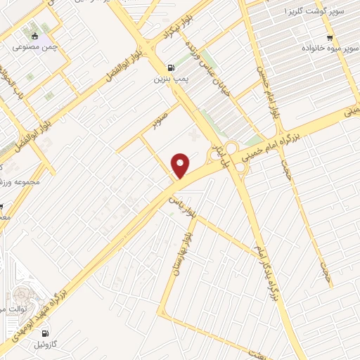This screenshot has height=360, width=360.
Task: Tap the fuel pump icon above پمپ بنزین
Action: (x=170, y=68)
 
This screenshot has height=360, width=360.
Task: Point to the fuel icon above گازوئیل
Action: (x=46, y=333)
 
